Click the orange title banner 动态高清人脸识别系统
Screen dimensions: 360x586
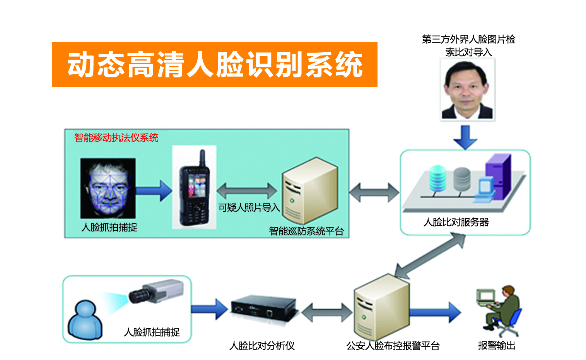pyautogui.click(x=215, y=65)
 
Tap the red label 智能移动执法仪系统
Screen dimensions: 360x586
pyautogui.click(x=116, y=137)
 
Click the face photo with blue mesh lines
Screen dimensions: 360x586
pyautogui.click(x=108, y=188)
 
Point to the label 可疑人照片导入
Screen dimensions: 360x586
pyautogui.click(x=249, y=208)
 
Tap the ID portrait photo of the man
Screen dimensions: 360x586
pyautogui.click(x=468, y=90)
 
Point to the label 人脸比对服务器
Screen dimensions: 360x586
pyautogui.click(x=456, y=222)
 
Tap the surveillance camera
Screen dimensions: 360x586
pyautogui.click(x=157, y=291)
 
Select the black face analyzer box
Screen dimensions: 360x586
pyautogui.click(x=264, y=308)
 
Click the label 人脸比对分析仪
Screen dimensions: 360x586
pyautogui.click(x=262, y=346)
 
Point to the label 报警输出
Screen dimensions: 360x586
pyautogui.click(x=497, y=345)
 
